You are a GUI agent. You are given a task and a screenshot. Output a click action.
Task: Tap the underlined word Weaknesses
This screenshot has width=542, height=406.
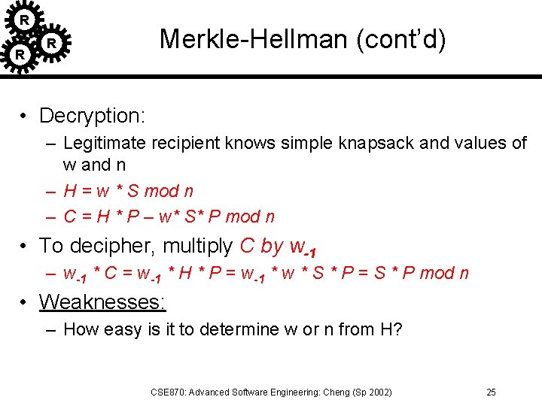coord(102,302)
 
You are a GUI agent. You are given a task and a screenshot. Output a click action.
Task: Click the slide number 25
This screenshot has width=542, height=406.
coord(491,392)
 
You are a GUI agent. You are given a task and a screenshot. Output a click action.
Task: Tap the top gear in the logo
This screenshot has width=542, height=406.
coord(25,19)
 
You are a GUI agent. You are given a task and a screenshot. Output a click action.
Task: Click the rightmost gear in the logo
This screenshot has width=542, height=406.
coord(51,44)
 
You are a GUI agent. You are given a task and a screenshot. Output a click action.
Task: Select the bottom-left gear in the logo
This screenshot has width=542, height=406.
coord(20,54)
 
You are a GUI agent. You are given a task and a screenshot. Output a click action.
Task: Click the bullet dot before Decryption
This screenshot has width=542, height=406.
coord(25,117)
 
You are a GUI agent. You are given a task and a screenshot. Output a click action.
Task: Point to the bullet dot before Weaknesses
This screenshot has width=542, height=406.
coord(25,303)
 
